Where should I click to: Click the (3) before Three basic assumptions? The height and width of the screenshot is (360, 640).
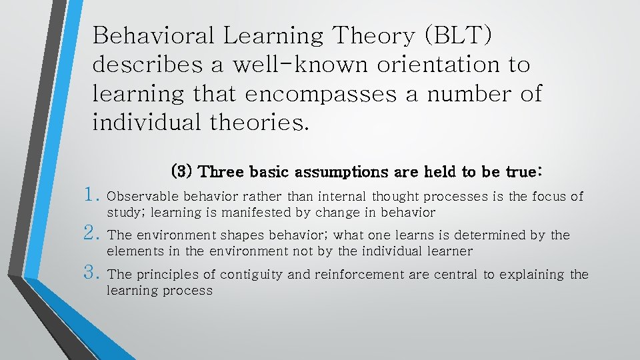click(x=182, y=171)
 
